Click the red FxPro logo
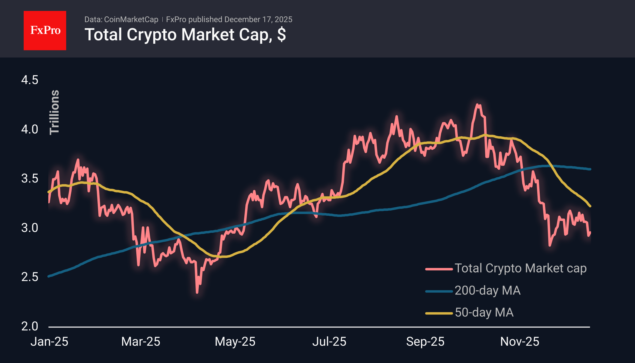45,30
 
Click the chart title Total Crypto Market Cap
185,35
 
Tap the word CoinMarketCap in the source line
131,19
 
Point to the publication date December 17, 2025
258,19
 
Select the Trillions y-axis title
54,112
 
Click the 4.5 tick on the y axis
30,80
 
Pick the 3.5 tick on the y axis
30,178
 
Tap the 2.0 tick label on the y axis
30,326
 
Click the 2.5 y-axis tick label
30,277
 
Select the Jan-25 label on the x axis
49,342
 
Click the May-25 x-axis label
235,342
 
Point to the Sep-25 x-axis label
425,342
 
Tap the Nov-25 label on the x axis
520,342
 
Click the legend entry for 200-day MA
487,290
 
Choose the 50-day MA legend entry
484,313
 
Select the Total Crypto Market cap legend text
520,268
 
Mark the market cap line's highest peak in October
477,105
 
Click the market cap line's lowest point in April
197,293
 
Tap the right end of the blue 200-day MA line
590,169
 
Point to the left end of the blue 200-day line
49,276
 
